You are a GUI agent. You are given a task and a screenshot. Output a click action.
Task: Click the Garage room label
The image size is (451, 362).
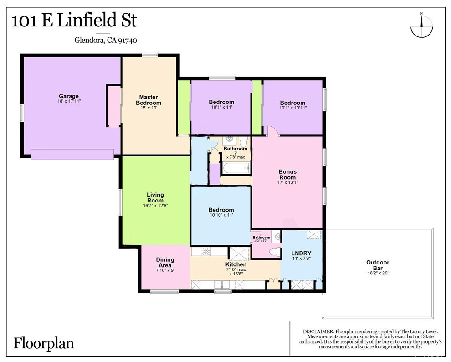pos(69,96)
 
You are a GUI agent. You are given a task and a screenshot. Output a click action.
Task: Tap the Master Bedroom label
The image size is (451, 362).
pos(149,100)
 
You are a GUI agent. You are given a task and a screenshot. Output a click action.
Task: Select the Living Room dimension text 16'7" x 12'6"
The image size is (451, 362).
pos(155,206)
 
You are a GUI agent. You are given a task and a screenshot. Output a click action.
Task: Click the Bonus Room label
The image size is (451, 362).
pos(287,174)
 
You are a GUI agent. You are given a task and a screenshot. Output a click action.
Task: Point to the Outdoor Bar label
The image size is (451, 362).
pos(378,265)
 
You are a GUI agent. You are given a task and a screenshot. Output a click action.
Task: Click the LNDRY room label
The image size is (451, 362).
pos(301,253)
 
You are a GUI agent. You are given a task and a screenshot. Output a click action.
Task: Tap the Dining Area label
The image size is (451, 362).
pos(165,263)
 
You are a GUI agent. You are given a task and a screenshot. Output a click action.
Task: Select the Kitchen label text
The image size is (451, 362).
pos(236,264)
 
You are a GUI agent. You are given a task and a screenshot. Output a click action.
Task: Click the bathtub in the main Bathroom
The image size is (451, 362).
pos(236,168)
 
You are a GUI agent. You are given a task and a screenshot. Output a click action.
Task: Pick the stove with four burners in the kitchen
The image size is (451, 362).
pos(206,251)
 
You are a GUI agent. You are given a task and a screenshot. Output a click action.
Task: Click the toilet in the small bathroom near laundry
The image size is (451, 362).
pos(275,252)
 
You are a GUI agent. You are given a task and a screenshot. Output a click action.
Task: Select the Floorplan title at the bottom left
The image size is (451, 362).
pos(44,344)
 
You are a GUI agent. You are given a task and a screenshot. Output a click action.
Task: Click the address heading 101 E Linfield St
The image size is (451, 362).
pos(75,21)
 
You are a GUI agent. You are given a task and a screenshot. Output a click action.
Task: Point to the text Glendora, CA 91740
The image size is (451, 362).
pos(106,40)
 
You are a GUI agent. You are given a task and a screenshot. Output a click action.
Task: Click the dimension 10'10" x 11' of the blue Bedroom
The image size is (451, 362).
pos(221,215)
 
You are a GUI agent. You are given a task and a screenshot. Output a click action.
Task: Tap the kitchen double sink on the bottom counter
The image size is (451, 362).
pos(222,284)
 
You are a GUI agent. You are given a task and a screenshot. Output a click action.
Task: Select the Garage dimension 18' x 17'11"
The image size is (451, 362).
pos(69,101)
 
